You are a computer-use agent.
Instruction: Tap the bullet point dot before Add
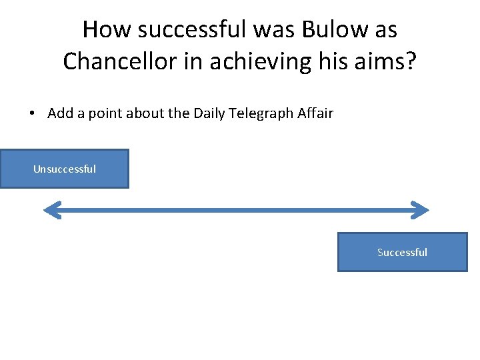pyautogui.click(x=33, y=113)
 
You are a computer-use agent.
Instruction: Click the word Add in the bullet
pyautogui.click(x=60, y=113)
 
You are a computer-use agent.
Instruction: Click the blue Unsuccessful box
pyautogui.click(x=64, y=169)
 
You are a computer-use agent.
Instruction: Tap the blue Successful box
pyautogui.click(x=402, y=252)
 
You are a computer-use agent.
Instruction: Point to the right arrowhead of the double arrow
pyautogui.click(x=419, y=211)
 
